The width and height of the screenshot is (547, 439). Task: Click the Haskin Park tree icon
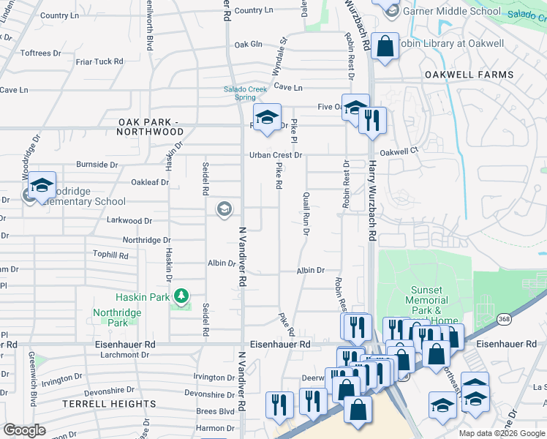[x=181, y=296]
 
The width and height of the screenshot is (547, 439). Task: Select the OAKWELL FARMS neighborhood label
[x=469, y=75]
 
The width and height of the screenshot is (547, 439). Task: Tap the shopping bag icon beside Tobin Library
[x=385, y=46]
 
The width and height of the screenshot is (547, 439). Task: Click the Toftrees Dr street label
[x=40, y=53]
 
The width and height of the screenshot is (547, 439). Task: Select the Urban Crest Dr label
[x=275, y=155]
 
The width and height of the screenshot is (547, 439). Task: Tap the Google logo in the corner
[x=24, y=429]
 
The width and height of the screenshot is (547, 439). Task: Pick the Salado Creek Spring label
[x=240, y=93]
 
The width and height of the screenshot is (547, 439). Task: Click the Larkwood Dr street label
[x=129, y=220]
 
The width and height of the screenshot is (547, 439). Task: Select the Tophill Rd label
[x=110, y=256]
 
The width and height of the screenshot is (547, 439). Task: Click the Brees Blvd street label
[x=215, y=411]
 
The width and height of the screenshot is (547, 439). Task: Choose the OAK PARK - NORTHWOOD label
[x=151, y=127]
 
